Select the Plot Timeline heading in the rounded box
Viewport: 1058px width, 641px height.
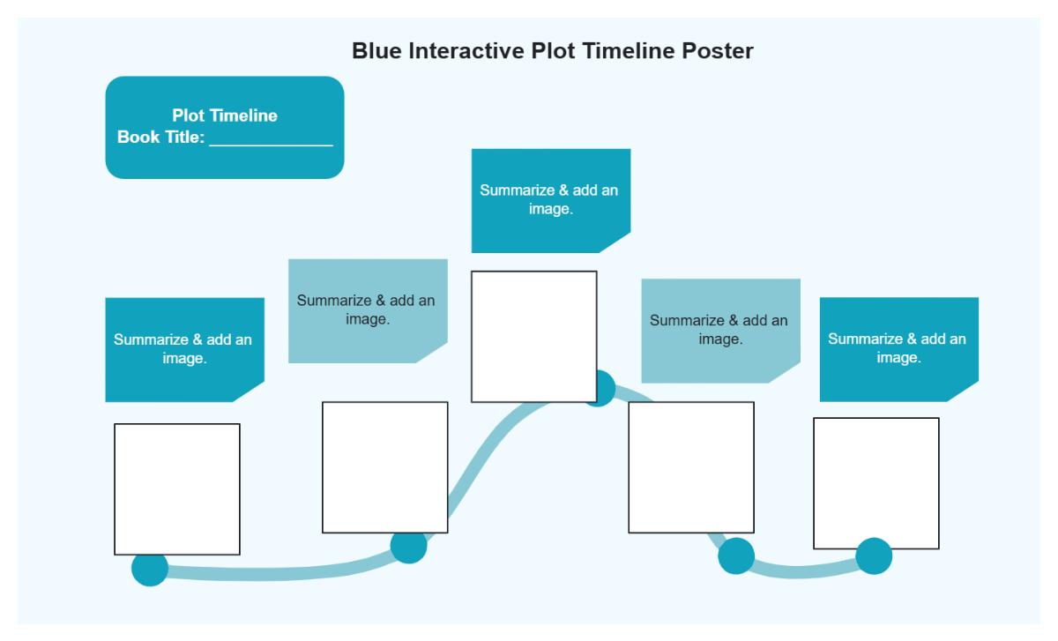tap(225, 116)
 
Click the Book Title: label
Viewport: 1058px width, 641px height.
tap(161, 138)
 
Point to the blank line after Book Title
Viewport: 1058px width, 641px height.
tap(271, 139)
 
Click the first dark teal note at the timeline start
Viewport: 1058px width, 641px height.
tap(183, 349)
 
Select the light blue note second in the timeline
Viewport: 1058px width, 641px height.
tap(367, 310)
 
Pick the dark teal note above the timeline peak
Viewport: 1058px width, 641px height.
tap(550, 200)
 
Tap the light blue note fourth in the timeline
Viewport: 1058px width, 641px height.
tap(719, 330)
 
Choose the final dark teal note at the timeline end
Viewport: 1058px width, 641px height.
tap(898, 349)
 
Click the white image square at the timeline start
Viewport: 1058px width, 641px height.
tap(177, 489)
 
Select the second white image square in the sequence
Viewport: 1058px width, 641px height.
tap(384, 467)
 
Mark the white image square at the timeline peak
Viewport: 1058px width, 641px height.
tap(533, 336)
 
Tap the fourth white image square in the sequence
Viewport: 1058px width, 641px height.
tap(691, 467)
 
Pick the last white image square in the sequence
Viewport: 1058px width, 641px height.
tap(875, 483)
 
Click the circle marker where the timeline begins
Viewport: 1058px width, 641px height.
tap(150, 568)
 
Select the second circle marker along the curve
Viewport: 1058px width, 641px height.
tap(409, 547)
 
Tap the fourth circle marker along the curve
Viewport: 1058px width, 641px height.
tap(736, 556)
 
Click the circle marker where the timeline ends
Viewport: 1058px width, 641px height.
tap(874, 556)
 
